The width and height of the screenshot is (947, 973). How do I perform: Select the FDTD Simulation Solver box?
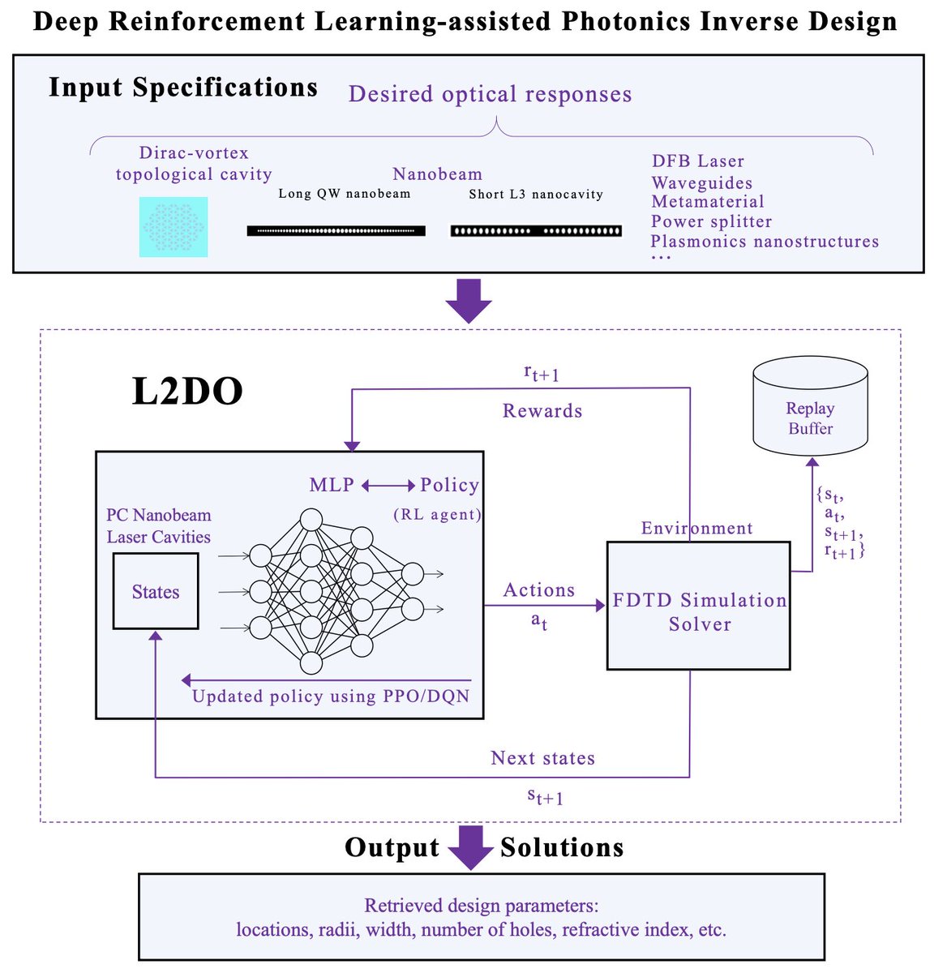pyautogui.click(x=698, y=607)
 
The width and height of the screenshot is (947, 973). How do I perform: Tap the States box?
pyautogui.click(x=156, y=592)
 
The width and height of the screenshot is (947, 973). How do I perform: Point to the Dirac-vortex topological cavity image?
pyautogui.click(x=174, y=227)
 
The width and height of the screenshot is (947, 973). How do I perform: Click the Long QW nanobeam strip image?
pyautogui.click(x=336, y=231)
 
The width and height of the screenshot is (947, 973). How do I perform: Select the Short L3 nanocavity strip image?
pyautogui.click(x=536, y=231)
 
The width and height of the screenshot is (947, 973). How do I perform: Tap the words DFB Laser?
pyautogui.click(x=697, y=161)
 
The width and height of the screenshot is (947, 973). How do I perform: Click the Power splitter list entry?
pyautogui.click(x=711, y=221)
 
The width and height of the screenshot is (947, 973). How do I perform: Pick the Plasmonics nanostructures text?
pyautogui.click(x=764, y=242)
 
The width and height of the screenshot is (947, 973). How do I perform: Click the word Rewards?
pyautogui.click(x=542, y=411)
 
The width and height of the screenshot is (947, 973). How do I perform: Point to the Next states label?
pyautogui.click(x=542, y=758)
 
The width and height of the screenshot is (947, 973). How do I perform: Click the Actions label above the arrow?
pyautogui.click(x=539, y=590)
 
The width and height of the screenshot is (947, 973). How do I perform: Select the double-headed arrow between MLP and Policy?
pyautogui.click(x=388, y=486)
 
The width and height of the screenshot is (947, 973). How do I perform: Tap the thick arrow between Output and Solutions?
pyautogui.click(x=470, y=847)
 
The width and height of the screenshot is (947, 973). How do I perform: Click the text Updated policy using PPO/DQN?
pyautogui.click(x=330, y=697)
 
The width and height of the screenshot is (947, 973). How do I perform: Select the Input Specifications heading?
pyautogui.click(x=183, y=88)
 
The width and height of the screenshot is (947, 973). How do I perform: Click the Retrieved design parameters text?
pyautogui.click(x=481, y=906)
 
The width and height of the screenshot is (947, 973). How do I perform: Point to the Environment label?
pyautogui.click(x=696, y=529)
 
